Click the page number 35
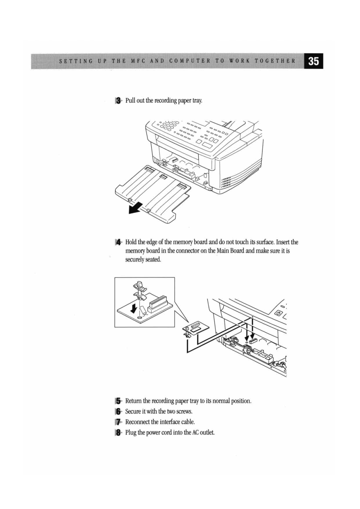(x=313, y=61)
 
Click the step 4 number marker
(x=118, y=242)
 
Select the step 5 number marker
(x=118, y=401)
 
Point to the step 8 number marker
(x=118, y=433)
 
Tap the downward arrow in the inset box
(x=134, y=308)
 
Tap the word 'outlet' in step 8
(x=207, y=433)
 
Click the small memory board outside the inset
(x=197, y=328)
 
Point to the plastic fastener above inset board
(x=140, y=288)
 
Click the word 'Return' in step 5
(x=133, y=401)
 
